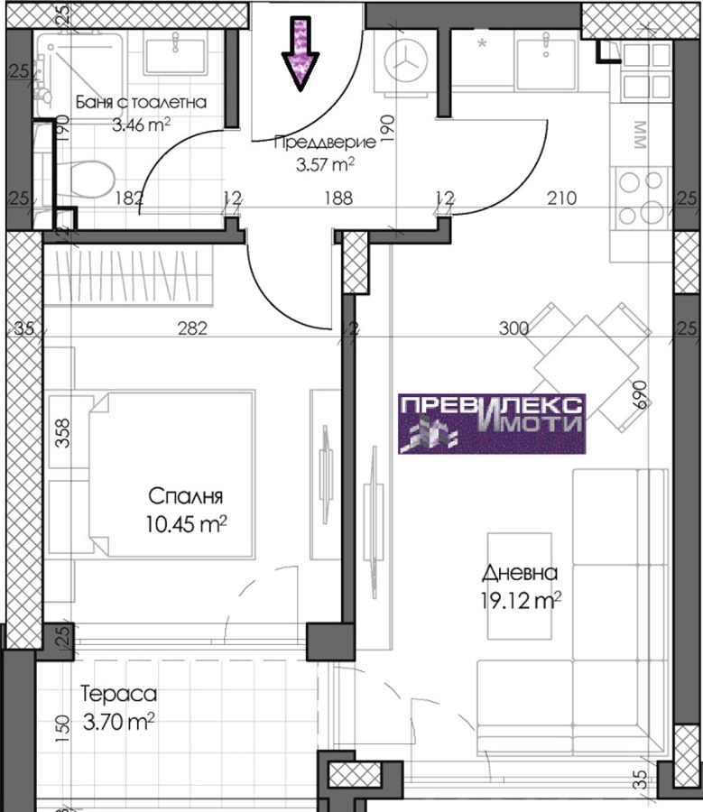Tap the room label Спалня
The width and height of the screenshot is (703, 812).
point(186,496)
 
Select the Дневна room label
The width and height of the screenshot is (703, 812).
point(520,573)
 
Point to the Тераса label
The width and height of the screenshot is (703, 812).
point(118,694)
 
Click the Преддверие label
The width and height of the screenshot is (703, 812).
point(325,143)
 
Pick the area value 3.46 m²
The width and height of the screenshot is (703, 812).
point(142,125)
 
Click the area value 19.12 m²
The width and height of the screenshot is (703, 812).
point(521,601)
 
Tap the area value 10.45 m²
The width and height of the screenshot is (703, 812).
point(186,524)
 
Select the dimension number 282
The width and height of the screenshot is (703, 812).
point(192,328)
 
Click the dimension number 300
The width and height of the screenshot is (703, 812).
point(513,328)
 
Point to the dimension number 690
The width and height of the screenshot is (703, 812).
point(642,395)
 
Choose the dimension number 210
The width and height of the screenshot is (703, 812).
point(562,198)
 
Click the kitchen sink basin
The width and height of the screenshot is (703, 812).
point(545,59)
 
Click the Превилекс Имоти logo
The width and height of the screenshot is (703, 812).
point(492,424)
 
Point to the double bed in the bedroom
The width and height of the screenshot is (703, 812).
point(172,474)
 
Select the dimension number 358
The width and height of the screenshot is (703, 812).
point(62,432)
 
